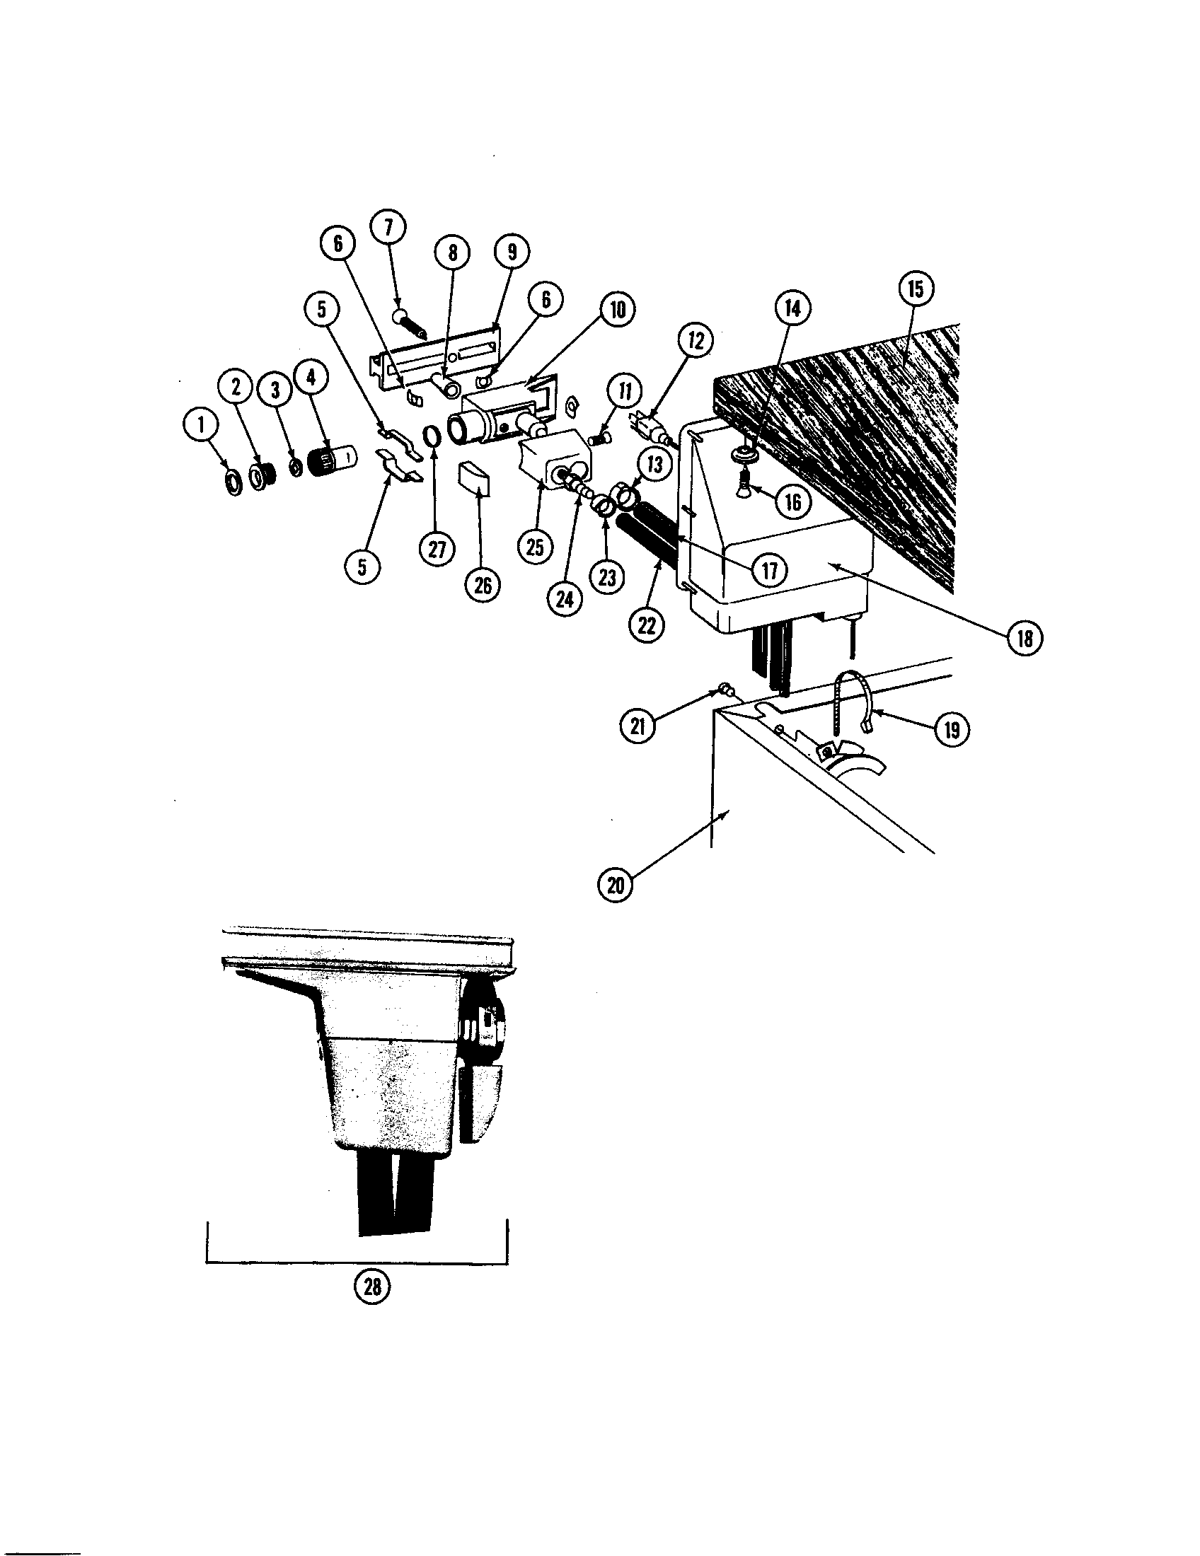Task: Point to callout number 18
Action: point(1025,639)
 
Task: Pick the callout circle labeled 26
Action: point(483,586)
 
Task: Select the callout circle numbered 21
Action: point(637,726)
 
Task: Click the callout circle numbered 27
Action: point(437,549)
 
